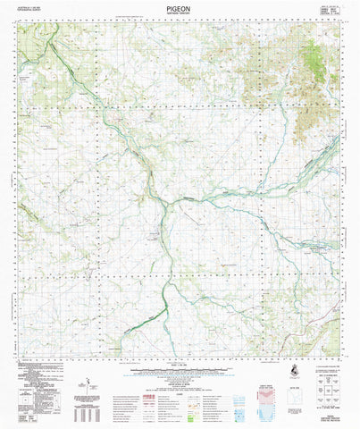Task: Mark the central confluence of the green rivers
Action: pyautogui.click(x=165, y=208)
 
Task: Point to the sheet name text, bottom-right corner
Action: pyautogui.click(x=330, y=421)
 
